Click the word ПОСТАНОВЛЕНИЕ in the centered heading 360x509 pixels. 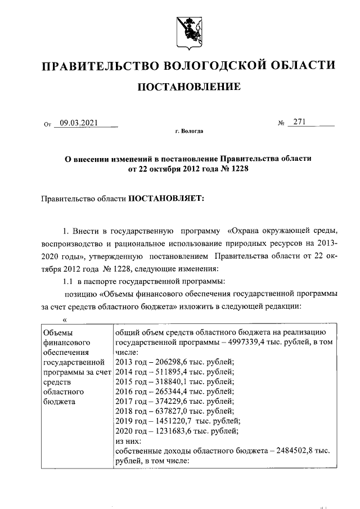point(190,87)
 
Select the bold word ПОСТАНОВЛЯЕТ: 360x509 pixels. point(168,198)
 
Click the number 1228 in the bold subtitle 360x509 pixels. point(238,169)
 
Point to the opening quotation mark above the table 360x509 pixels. point(65,319)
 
